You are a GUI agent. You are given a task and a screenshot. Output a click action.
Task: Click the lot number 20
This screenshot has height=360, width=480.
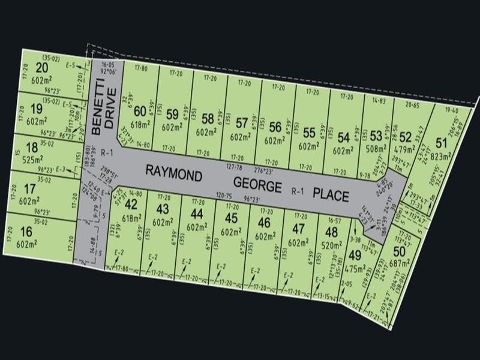pos(41,67)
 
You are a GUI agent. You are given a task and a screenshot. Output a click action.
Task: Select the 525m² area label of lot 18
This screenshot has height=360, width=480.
pos(37,161)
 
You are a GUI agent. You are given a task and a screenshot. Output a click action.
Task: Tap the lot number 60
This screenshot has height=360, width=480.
pos(140,110)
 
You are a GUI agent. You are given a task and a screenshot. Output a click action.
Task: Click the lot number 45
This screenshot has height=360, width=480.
pos(231,217)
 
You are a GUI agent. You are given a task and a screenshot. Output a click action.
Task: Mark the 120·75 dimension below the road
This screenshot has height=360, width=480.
pos(223,195)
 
